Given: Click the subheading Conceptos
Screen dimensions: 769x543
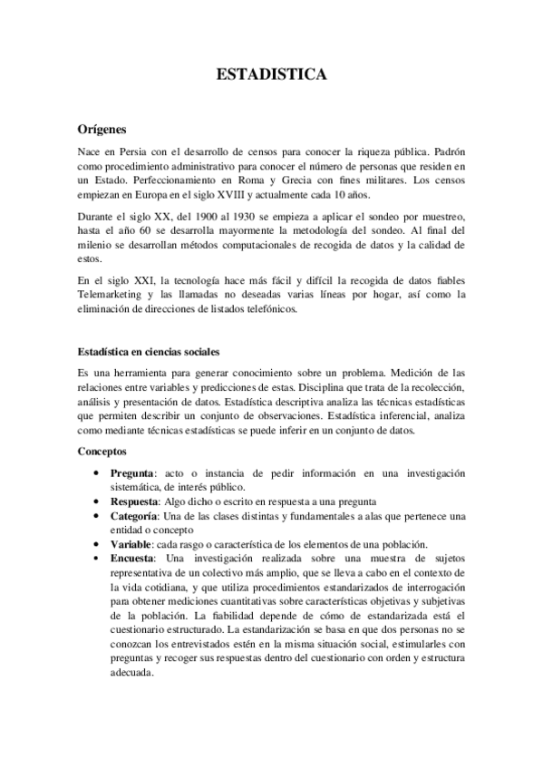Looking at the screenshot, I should [102, 450].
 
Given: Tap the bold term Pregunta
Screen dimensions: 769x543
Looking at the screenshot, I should [132, 473].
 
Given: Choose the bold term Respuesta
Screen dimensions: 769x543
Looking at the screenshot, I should [137, 502].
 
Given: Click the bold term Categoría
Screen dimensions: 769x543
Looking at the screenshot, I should [137, 516].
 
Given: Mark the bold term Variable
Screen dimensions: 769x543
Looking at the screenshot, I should [132, 543].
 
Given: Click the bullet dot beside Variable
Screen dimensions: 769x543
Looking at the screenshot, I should [97, 543].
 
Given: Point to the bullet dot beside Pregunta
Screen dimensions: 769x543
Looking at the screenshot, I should [97, 473].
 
